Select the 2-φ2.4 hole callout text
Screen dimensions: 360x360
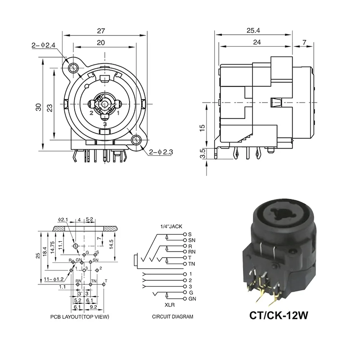43,45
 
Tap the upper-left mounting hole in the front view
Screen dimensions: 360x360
73,68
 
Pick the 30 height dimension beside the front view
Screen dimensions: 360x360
39,107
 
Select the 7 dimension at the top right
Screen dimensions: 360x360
305,42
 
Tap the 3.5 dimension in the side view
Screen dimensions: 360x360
203,153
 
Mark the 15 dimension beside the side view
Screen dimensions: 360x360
203,128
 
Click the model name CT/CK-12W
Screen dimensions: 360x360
278,315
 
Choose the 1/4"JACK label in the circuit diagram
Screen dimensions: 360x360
171,227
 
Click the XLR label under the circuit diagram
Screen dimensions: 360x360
168,305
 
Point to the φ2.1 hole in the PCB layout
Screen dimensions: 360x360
75,246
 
